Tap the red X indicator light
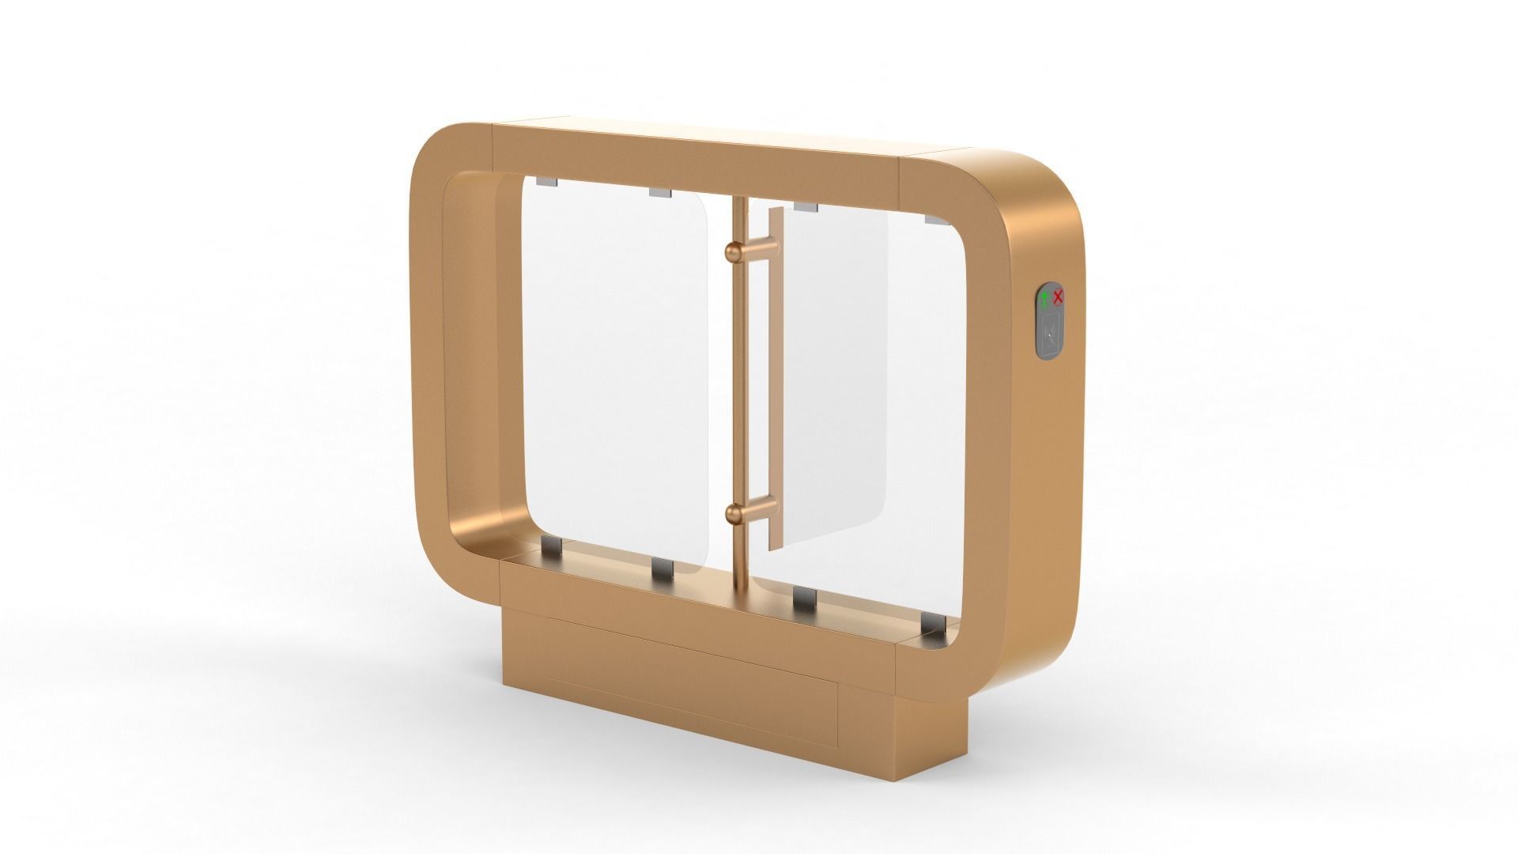coord(1059,297)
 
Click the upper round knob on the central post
coord(733,251)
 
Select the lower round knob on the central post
coord(733,515)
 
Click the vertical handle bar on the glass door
coord(775,380)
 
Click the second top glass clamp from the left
coord(659,192)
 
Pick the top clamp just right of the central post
coord(805,206)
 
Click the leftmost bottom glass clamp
coord(551,546)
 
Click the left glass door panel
coord(617,372)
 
